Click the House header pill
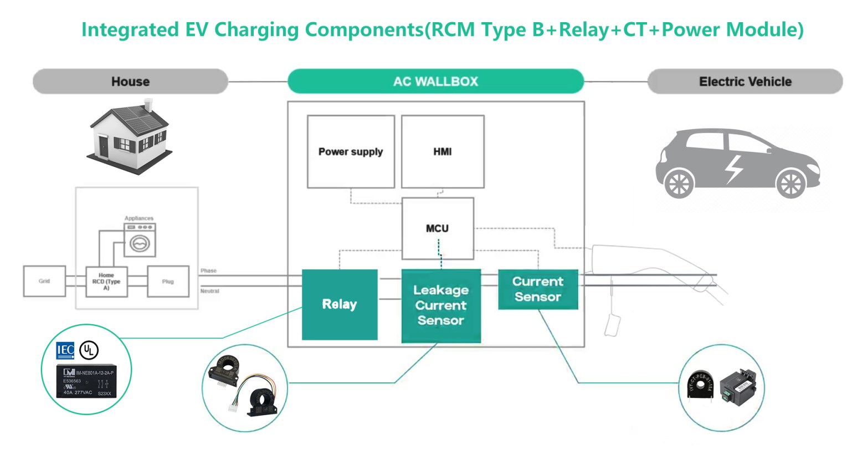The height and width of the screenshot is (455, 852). [130, 81]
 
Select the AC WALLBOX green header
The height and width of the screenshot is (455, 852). [435, 81]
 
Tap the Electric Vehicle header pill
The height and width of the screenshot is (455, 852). [745, 81]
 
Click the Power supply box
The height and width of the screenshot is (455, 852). [351, 151]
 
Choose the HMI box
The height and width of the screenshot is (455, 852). [442, 151]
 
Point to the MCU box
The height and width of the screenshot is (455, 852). [437, 228]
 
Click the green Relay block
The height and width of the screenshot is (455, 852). [340, 304]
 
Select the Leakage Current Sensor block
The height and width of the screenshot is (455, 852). [441, 305]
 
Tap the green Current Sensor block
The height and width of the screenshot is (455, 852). [537, 289]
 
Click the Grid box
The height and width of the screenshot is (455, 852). [44, 281]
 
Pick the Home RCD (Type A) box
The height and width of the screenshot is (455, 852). [106, 282]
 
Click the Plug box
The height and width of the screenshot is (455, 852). [168, 282]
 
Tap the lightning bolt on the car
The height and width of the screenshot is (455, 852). [734, 168]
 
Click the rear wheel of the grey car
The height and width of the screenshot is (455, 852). [679, 183]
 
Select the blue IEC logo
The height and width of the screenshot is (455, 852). [65, 350]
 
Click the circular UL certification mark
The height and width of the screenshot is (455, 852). [89, 350]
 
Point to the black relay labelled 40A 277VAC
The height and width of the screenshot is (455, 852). [87, 381]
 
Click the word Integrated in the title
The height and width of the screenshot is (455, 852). [130, 29]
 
